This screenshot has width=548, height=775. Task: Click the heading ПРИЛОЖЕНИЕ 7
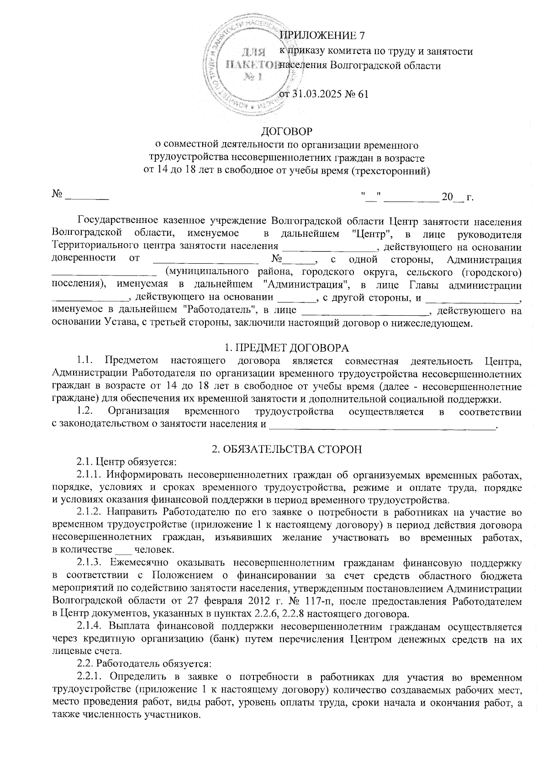[322, 35]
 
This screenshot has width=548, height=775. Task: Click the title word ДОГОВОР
[286, 132]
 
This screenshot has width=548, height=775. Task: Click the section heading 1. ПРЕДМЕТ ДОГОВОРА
[287, 348]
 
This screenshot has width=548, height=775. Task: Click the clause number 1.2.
[86, 412]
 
